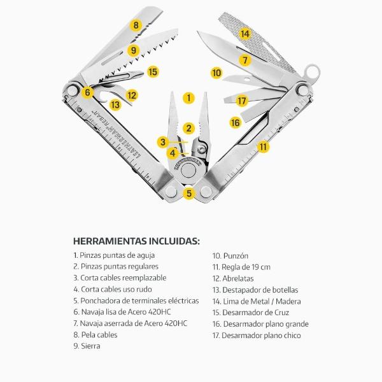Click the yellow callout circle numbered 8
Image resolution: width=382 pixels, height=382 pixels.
click(x=135, y=25)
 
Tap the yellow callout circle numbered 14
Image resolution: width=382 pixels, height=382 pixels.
click(x=244, y=34)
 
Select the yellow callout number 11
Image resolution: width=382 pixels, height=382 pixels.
click(x=262, y=146)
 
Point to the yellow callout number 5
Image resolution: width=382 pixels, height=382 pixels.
click(x=188, y=193)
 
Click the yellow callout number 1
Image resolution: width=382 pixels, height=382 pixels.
click(x=188, y=98)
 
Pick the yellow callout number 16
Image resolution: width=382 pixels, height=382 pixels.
click(x=235, y=122)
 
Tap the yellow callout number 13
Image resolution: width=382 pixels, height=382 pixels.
click(x=115, y=104)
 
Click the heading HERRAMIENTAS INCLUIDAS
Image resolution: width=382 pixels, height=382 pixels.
click(x=136, y=241)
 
